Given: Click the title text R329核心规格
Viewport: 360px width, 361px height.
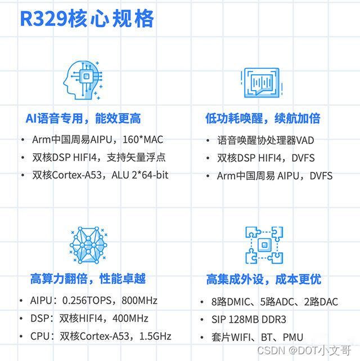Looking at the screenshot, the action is pyautogui.click(x=87, y=20).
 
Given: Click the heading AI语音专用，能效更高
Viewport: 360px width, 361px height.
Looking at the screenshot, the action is pyautogui.click(x=83, y=118).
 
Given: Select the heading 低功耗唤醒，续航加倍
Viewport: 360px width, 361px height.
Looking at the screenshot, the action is pyautogui.click(x=263, y=118).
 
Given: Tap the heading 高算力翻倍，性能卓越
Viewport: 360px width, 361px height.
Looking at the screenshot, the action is pyautogui.click(x=88, y=279).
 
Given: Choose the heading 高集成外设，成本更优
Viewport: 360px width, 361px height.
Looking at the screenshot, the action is pyautogui.click(x=263, y=279).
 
